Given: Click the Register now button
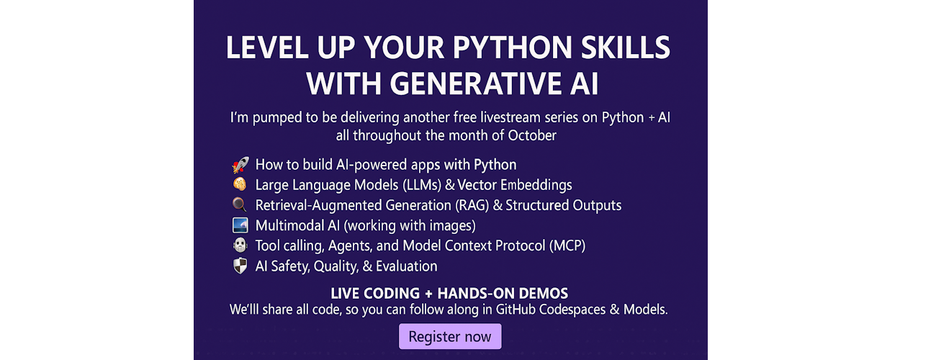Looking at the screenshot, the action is tap(450, 336).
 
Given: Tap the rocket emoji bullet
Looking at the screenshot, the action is tap(240, 165).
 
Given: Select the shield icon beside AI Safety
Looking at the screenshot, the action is tap(240, 266).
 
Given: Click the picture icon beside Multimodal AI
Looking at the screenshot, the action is tap(240, 225).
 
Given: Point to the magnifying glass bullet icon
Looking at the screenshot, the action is tap(240, 204).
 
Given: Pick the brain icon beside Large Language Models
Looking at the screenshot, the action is tap(240, 184).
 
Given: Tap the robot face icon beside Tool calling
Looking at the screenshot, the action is tap(240, 245).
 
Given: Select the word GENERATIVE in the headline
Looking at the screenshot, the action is tap(476, 84).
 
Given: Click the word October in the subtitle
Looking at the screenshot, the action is tap(532, 135).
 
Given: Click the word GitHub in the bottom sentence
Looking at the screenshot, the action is tap(516, 310).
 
